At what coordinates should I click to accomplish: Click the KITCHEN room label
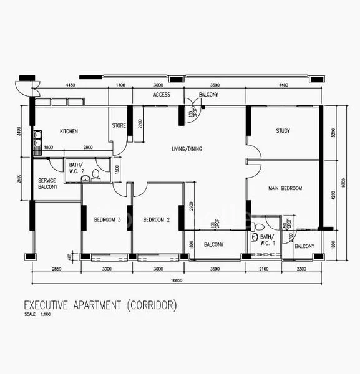69,132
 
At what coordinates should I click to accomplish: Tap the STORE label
119,126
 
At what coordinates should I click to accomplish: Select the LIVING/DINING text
191,149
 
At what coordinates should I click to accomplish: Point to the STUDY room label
284,131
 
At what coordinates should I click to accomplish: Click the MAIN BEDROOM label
285,188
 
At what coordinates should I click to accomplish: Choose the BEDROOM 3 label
107,220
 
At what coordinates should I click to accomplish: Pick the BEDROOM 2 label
156,220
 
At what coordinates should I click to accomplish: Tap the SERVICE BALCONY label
48,183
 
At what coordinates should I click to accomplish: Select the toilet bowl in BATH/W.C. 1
255,237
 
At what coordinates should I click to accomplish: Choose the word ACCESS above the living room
162,95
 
